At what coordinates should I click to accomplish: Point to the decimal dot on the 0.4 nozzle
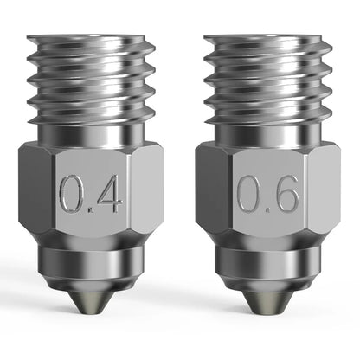(91, 210)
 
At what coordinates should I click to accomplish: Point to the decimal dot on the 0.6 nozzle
(267, 210)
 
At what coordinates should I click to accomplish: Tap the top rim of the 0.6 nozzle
(267, 40)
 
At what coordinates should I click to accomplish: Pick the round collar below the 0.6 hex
(267, 260)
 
